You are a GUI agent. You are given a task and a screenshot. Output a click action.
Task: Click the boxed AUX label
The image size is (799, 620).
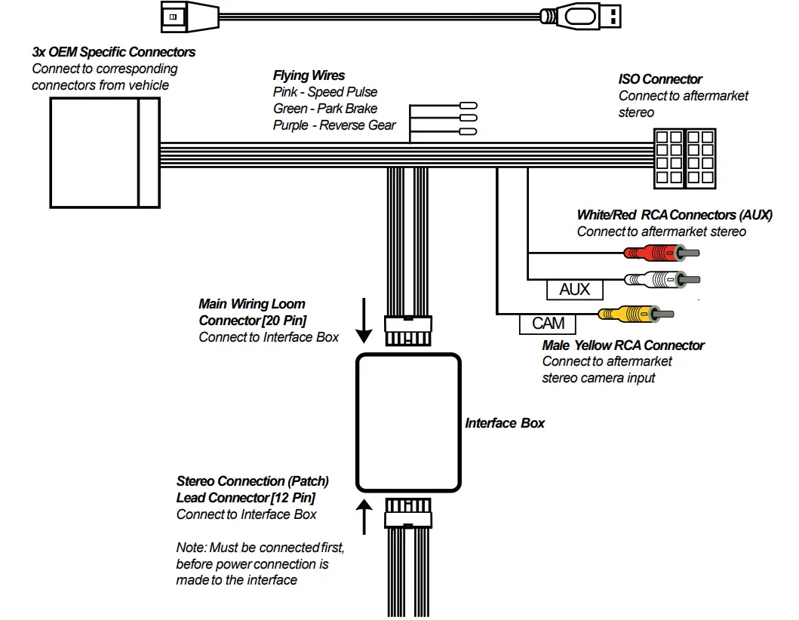pos(574,289)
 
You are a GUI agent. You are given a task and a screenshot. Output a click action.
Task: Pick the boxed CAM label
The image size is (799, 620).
pos(548,324)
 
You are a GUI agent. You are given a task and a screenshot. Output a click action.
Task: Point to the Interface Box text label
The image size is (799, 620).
pos(504,423)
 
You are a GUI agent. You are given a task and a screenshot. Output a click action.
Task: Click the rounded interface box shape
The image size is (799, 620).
pos(407,422)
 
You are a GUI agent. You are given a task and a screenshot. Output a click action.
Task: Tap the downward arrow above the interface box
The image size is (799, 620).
pos(364,321)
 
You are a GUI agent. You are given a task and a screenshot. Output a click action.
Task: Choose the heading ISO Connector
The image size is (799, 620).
pos(660,79)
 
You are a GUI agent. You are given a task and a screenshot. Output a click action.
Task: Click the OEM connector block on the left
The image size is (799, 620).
pos(105,152)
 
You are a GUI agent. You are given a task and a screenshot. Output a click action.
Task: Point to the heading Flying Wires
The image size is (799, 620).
pos(309,75)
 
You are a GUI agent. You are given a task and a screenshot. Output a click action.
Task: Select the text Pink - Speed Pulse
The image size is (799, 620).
pos(325,92)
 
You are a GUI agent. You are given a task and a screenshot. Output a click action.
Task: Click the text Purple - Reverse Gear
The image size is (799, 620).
pos(334,125)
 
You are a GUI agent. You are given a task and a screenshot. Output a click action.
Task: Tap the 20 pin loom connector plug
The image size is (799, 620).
pos(407,330)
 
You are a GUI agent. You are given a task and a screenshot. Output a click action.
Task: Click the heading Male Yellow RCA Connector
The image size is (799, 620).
pos(622,345)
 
